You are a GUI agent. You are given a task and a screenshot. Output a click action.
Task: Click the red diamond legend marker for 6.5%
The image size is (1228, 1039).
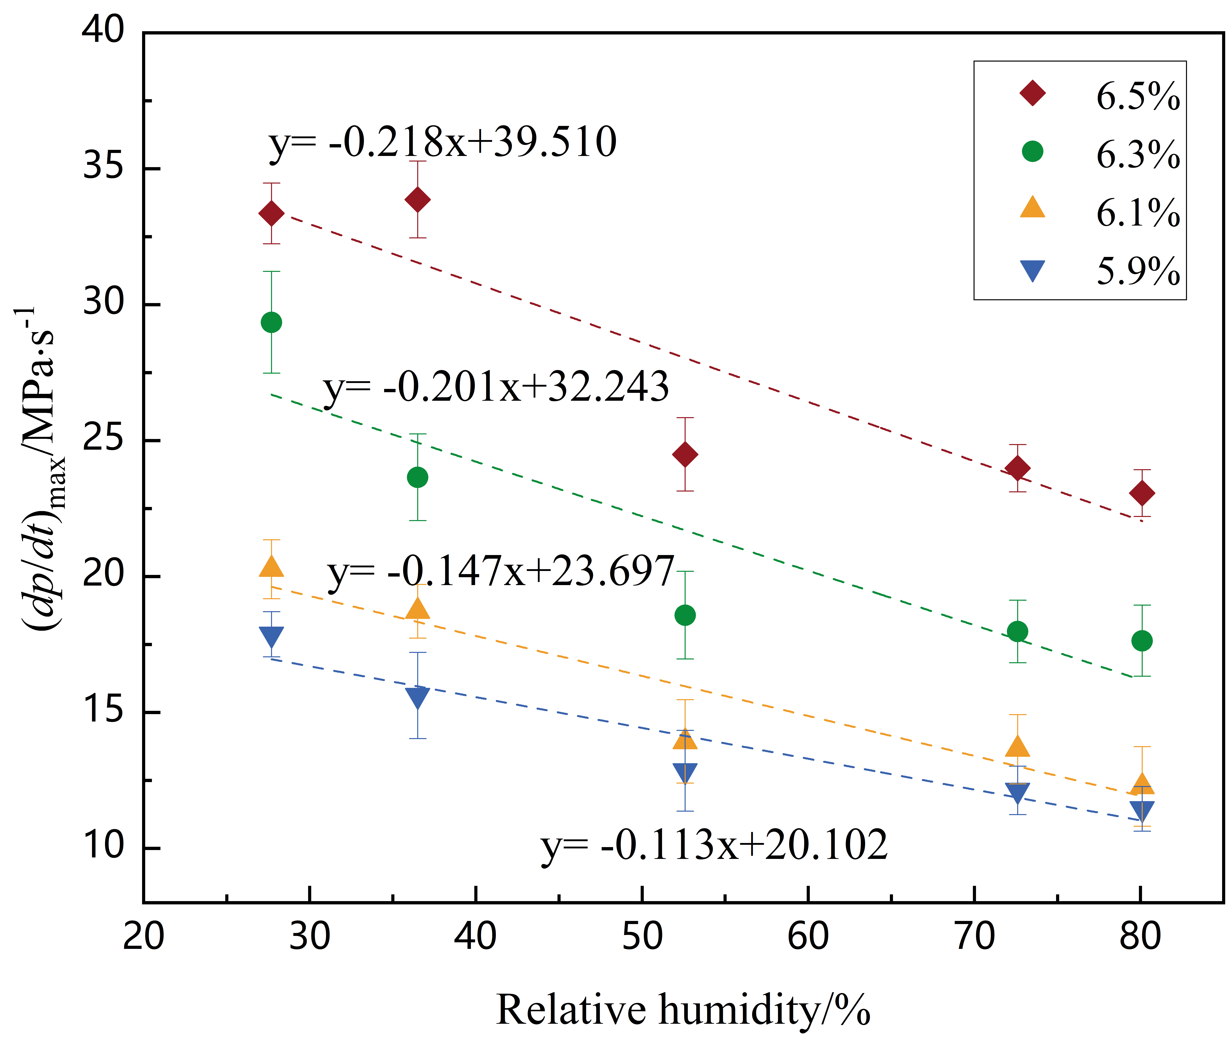(1032, 93)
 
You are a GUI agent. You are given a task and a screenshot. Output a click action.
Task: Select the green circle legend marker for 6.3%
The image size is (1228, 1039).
(1032, 151)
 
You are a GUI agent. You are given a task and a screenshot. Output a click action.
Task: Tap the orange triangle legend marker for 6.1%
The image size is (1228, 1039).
(1032, 208)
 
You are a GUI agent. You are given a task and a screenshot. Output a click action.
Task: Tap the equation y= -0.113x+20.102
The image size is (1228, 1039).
(714, 845)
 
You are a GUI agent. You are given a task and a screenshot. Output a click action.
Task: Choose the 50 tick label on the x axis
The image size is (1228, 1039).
(642, 937)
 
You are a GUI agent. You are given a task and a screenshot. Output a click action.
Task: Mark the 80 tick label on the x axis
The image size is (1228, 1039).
(1140, 937)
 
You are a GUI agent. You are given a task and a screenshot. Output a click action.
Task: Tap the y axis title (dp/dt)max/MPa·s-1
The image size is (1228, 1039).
(41, 468)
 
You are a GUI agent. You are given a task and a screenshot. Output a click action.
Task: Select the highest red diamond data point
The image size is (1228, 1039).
(417, 200)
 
